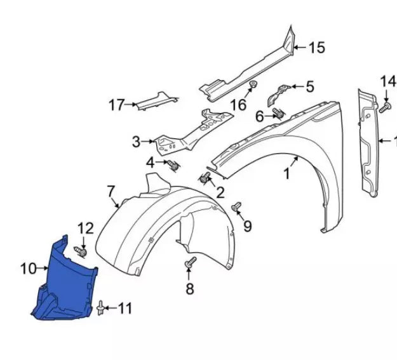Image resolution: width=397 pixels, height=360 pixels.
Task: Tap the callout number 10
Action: pyautogui.click(x=28, y=269)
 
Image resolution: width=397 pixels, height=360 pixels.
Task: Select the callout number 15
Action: pyautogui.click(x=316, y=47)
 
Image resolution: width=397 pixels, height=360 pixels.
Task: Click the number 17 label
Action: pyautogui.click(x=116, y=105)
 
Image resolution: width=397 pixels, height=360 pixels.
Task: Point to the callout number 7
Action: pyautogui.click(x=111, y=190)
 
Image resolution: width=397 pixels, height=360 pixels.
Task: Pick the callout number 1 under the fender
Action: pyautogui.click(x=286, y=172)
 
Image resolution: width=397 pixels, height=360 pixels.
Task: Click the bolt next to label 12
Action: pyautogui.click(x=81, y=252)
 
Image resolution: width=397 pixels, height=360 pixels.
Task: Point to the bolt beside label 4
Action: pyautogui.click(x=172, y=165)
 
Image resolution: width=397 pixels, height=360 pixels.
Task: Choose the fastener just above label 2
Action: pyautogui.click(x=205, y=178)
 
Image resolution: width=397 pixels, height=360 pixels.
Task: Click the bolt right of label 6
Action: pyautogui.click(x=278, y=114)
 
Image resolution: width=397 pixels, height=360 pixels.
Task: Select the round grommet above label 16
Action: pyautogui.click(x=253, y=84)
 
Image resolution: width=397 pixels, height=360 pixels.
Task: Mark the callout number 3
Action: pyautogui.click(x=136, y=142)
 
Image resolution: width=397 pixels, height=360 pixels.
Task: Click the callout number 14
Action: pyautogui.click(x=387, y=81)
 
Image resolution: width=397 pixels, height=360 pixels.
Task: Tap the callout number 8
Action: pyautogui.click(x=189, y=290)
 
